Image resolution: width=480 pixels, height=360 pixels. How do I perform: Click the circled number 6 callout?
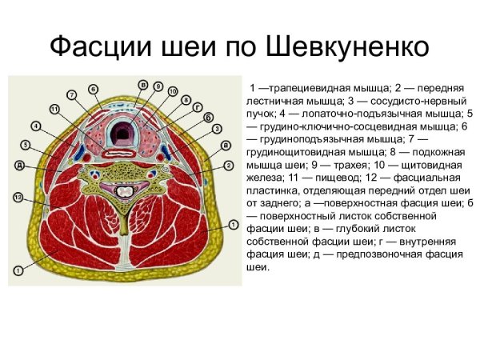coord(93,88)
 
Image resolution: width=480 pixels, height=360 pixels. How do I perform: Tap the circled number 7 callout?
coord(71,95)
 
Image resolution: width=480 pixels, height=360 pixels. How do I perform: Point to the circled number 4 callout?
coord(37,126)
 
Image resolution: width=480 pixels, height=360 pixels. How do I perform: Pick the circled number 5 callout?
coord(26,146)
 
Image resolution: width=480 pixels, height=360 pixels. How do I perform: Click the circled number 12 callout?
coord(18,197)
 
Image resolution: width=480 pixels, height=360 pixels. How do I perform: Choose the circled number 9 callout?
coord(158,86)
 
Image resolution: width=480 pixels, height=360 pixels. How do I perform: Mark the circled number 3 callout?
coord(216,127)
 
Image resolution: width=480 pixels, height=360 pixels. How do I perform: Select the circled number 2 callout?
coord(229,166)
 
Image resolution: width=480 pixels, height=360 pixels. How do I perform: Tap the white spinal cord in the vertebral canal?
coord(125,191)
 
